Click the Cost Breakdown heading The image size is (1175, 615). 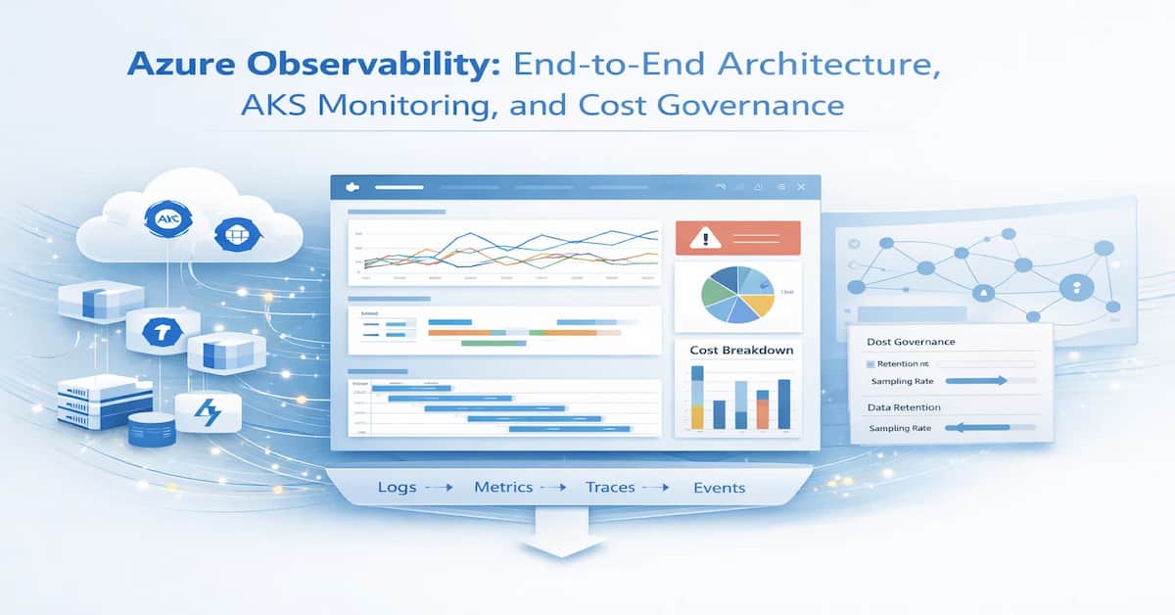[741, 351]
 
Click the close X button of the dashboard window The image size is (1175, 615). [800, 186]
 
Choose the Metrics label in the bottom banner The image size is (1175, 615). [503, 487]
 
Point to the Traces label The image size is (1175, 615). [611, 487]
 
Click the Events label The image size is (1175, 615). [719, 488]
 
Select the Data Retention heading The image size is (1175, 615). [904, 406]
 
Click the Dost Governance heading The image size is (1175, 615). [911, 342]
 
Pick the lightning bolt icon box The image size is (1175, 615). [208, 413]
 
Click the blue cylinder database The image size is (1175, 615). [151, 428]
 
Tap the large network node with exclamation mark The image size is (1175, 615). [1075, 288]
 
